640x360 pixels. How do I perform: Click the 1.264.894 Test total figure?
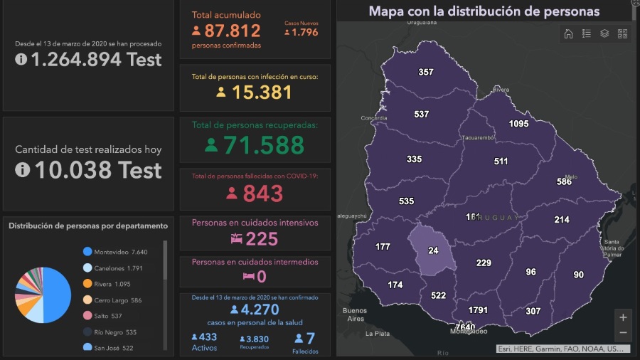88,60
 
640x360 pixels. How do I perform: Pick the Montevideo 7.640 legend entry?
115,252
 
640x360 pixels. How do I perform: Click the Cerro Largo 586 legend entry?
117,300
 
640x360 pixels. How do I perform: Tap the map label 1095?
519,124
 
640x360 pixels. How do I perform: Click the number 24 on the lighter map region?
433,250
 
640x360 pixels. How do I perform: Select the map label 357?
426,72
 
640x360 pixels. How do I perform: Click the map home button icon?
568,33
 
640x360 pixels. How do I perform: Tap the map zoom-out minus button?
623,333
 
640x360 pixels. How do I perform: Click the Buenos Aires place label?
354,314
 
